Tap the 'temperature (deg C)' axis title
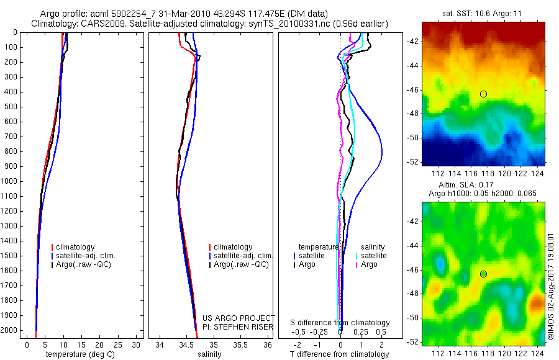click(x=78, y=354)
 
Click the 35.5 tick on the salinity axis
click(x=240, y=344)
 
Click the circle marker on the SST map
click(x=483, y=94)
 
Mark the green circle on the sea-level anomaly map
click(x=483, y=274)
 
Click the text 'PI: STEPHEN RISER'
click(x=238, y=326)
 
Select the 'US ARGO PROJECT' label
click(x=239, y=318)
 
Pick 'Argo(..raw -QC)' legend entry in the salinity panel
click(x=241, y=264)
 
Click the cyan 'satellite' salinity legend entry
click(x=373, y=256)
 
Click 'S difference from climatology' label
click(x=340, y=323)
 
